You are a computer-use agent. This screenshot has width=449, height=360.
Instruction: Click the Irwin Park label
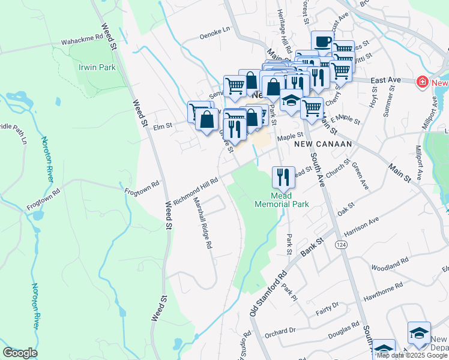click(97, 68)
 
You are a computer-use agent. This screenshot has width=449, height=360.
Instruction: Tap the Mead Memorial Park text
click(282, 200)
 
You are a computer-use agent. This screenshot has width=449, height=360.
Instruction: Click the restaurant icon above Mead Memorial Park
click(283, 176)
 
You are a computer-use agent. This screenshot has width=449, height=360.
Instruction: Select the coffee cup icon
click(322, 41)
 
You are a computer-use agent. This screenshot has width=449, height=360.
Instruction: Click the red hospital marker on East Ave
click(423, 82)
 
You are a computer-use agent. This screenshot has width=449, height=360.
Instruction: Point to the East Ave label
click(385, 80)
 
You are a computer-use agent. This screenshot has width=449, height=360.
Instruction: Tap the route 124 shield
click(341, 245)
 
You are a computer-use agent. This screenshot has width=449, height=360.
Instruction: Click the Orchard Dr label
click(280, 331)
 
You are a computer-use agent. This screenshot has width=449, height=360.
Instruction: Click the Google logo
click(20, 352)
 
